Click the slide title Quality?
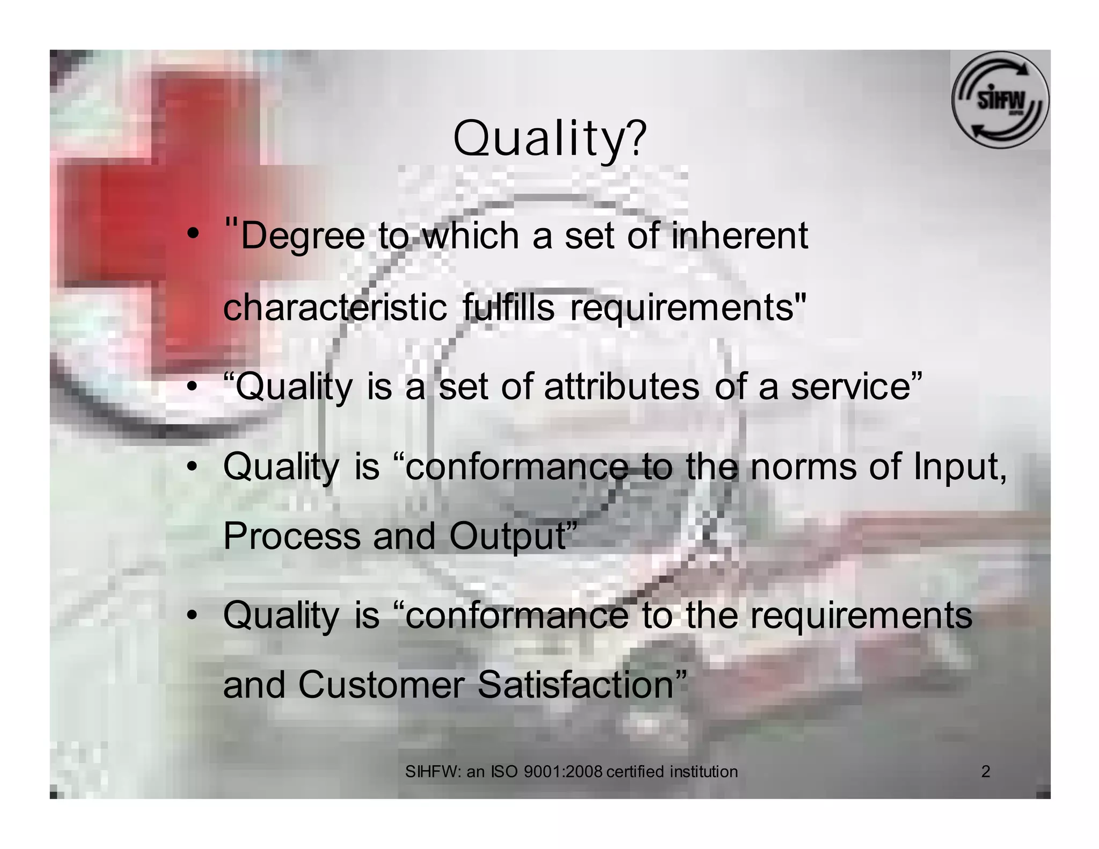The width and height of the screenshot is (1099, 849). (549, 138)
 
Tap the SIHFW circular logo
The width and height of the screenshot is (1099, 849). (999, 100)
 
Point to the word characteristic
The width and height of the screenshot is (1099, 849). (334, 308)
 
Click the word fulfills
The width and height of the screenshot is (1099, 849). (508, 308)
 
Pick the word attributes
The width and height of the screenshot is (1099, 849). (621, 386)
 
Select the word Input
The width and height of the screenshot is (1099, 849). (957, 466)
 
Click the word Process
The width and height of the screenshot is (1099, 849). (291, 536)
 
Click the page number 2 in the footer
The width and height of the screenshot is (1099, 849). (985, 772)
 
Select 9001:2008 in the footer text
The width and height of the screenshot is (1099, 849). (563, 772)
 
